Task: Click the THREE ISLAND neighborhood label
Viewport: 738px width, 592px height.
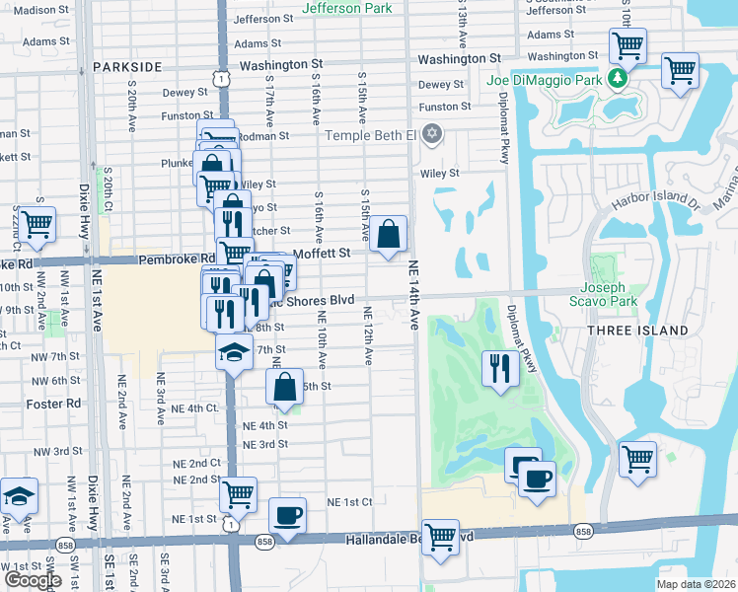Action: pyautogui.click(x=637, y=330)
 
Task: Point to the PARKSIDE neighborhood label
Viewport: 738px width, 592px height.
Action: pyautogui.click(x=127, y=66)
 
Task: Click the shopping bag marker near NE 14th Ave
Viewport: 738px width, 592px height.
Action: pyautogui.click(x=390, y=235)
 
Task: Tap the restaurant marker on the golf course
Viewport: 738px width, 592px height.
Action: pyautogui.click(x=499, y=368)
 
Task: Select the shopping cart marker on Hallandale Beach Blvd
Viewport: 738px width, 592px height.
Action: pyautogui.click(x=441, y=538)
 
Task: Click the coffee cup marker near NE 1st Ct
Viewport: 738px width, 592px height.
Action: pyautogui.click(x=287, y=515)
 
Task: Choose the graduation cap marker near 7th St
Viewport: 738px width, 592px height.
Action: pyautogui.click(x=234, y=352)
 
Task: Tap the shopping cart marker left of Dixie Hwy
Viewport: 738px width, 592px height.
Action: pyautogui.click(x=37, y=223)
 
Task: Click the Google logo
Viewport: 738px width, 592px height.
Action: pyautogui.click(x=33, y=580)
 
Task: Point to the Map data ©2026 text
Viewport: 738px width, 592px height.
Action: pyautogui.click(x=696, y=584)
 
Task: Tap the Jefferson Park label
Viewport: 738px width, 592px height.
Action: pyautogui.click(x=346, y=8)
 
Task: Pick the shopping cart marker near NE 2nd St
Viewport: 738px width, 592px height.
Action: pyautogui.click(x=238, y=493)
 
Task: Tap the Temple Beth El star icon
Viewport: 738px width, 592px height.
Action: pyautogui.click(x=431, y=133)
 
